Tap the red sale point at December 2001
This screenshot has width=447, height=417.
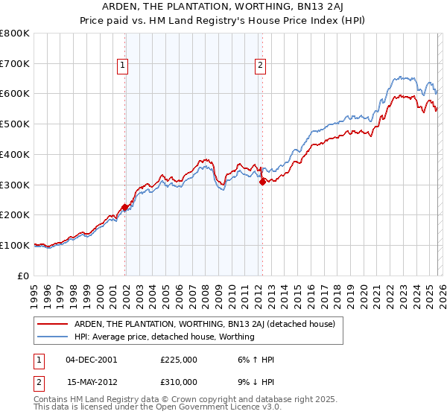coord(124,207)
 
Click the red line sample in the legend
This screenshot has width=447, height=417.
coord(52,324)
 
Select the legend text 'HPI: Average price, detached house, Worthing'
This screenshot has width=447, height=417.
coord(164,337)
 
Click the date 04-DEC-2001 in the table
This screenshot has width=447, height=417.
coord(91,360)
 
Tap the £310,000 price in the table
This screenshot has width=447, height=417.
coord(179,382)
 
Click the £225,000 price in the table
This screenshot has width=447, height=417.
coord(179,360)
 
